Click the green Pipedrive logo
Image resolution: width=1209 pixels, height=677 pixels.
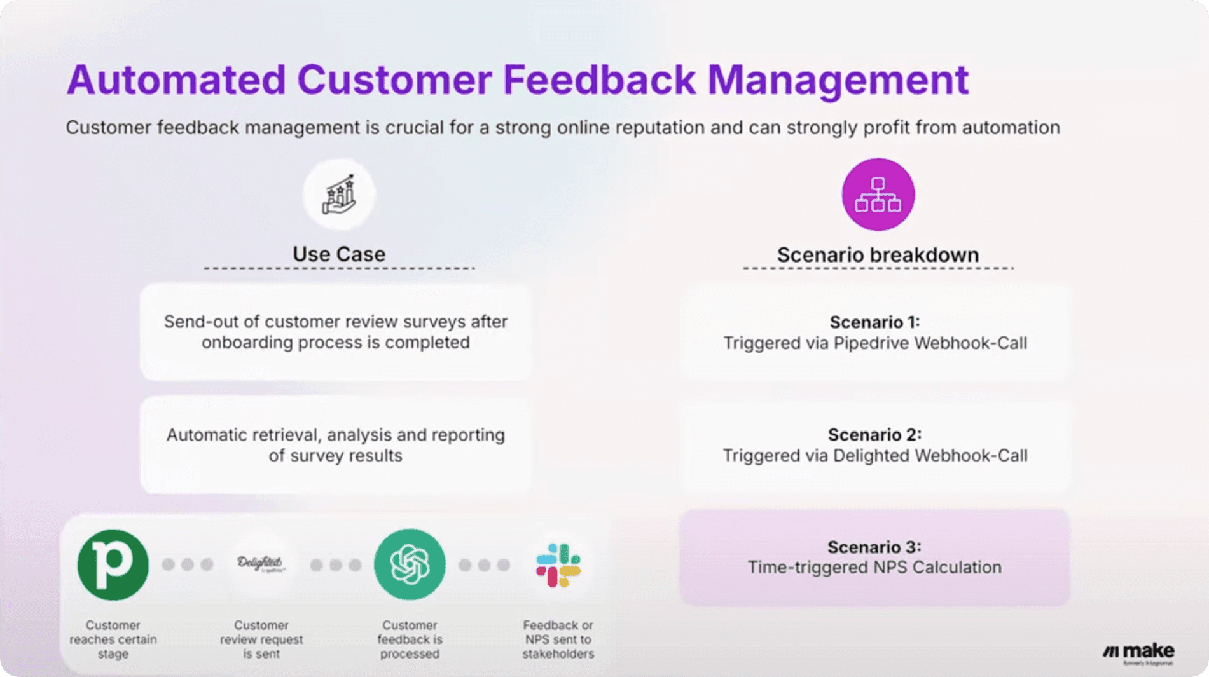(113, 564)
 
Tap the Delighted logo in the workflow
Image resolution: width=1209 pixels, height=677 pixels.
(261, 563)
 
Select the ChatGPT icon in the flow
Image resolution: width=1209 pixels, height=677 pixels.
(410, 564)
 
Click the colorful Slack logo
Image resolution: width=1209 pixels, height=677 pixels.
(558, 564)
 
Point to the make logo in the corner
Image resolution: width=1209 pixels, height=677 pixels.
(1139, 652)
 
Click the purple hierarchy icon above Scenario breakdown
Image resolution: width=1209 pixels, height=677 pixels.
(878, 195)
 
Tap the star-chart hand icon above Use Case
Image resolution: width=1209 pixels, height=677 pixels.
(339, 195)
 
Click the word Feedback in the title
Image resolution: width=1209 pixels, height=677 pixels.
(599, 80)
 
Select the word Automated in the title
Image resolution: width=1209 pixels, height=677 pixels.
(176, 80)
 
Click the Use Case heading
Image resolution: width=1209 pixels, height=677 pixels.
(339, 254)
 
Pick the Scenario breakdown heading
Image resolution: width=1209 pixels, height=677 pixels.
(878, 255)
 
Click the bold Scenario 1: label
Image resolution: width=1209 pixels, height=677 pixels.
(874, 322)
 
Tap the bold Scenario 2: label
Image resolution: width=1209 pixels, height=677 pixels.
(874, 435)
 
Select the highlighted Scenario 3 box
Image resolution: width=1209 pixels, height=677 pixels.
(874, 557)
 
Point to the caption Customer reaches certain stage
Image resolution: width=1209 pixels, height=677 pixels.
(113, 639)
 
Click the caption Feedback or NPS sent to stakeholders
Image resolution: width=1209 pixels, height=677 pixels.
(558, 639)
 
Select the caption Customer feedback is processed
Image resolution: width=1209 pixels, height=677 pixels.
(410, 639)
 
